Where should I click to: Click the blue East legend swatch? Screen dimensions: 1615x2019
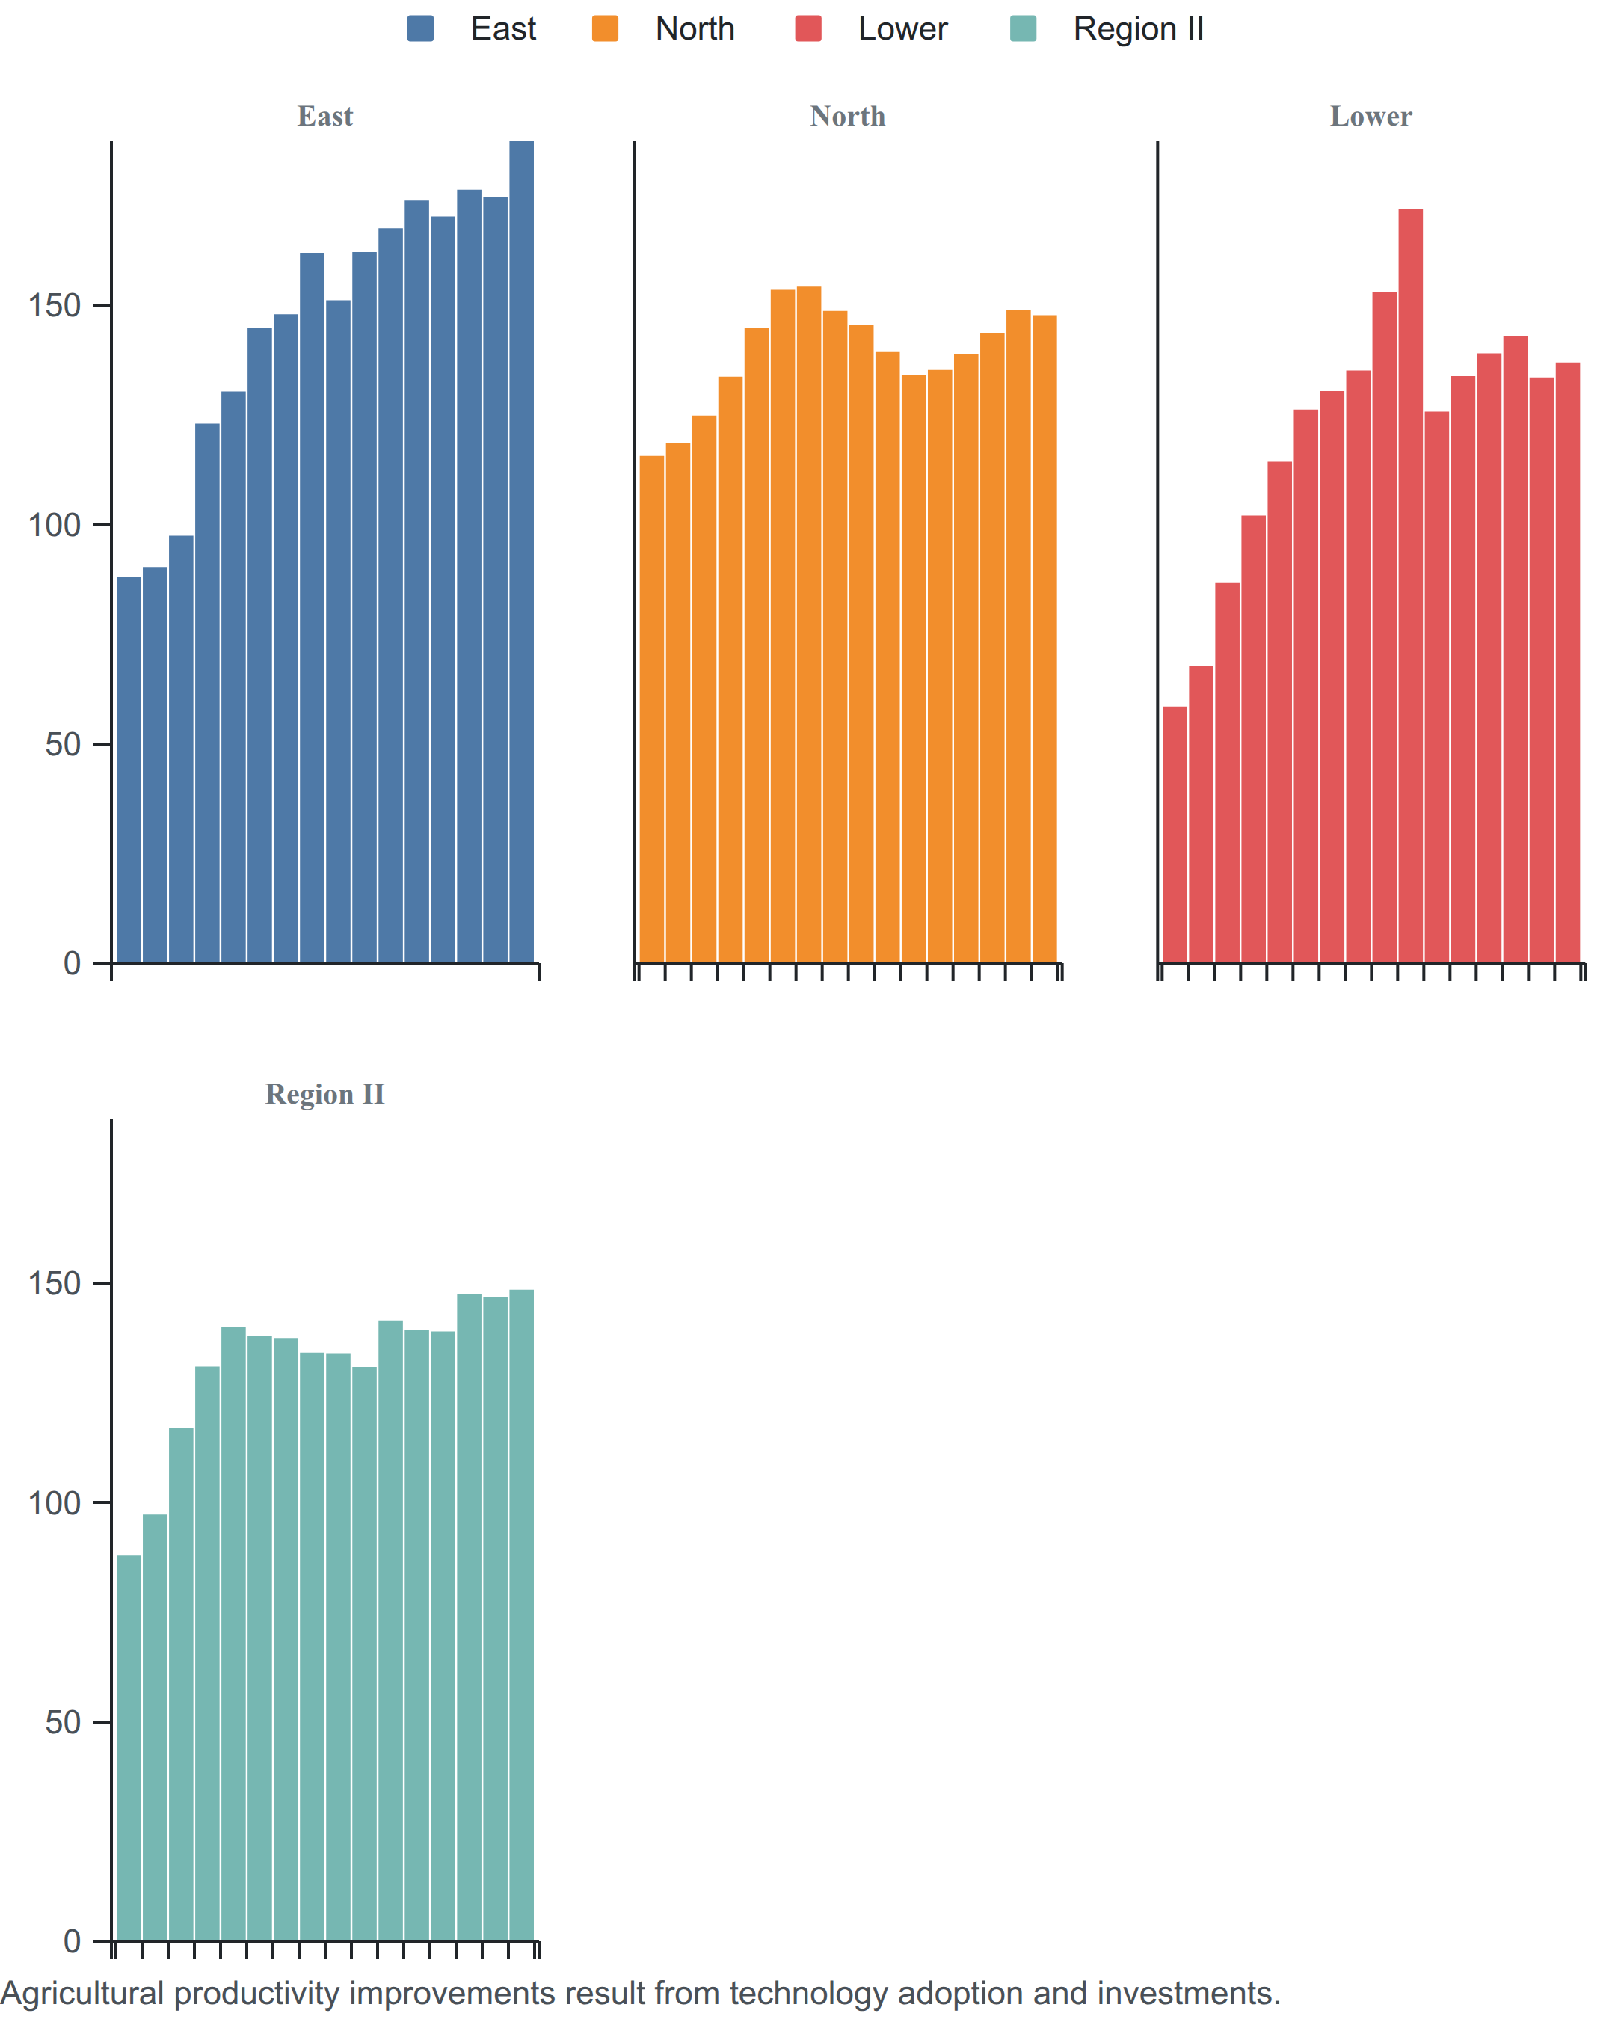(420, 29)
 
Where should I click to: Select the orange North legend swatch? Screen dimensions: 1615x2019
(605, 29)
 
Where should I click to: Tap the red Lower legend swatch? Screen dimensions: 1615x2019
(808, 29)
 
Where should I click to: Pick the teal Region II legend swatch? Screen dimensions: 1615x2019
(1024, 29)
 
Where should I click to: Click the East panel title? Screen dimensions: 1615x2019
(325, 116)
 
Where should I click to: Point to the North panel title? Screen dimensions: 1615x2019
(847, 116)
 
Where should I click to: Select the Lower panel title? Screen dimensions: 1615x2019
(1371, 116)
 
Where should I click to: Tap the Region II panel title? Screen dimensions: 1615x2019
(325, 1094)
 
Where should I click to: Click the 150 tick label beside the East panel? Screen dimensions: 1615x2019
(55, 305)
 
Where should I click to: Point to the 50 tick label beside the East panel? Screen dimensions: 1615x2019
(63, 745)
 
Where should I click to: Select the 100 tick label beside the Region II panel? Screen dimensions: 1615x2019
(55, 1503)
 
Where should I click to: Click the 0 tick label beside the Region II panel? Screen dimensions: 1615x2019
(72, 1941)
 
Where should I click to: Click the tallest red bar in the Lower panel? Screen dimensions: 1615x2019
(1410, 586)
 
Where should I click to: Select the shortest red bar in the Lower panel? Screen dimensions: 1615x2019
(1174, 835)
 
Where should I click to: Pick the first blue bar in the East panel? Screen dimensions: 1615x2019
(129, 769)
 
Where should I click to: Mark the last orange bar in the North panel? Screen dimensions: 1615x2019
(1045, 639)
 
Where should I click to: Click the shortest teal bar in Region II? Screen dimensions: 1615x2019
(129, 1748)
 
